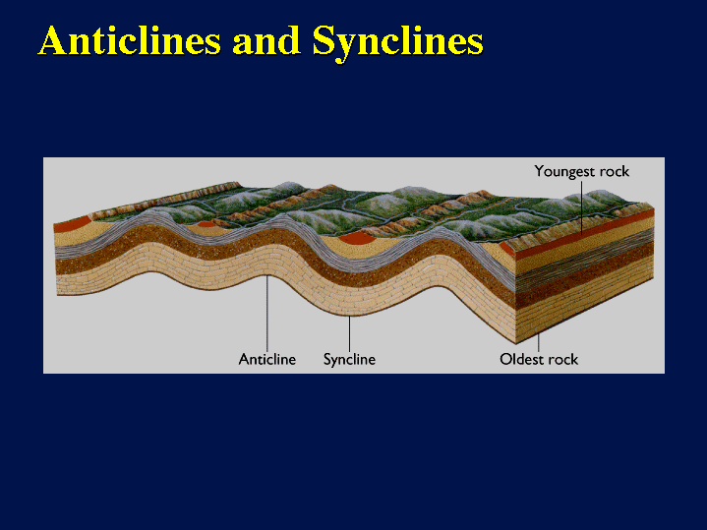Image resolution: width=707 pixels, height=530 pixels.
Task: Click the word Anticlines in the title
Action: click(130, 40)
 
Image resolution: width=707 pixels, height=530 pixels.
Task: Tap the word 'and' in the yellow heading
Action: click(266, 41)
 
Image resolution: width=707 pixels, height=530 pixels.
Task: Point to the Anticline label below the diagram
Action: click(267, 360)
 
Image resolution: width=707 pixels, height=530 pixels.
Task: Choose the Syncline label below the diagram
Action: click(349, 360)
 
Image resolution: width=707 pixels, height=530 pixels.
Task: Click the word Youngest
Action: click(561, 172)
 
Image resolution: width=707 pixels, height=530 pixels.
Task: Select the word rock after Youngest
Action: click(612, 171)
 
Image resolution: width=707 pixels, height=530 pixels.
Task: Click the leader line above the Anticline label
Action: click(267, 314)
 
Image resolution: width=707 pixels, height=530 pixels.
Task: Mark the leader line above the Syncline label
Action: click(349, 333)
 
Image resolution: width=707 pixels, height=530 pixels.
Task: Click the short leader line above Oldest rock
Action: click(539, 343)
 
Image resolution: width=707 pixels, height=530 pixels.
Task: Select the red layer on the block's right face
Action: click(585, 234)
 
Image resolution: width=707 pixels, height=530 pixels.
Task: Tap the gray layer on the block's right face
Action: click(585, 260)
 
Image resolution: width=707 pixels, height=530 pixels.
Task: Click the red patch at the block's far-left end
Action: click(71, 224)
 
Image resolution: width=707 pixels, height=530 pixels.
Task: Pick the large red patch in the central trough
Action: click(357, 239)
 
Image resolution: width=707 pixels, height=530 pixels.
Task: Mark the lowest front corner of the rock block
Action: click(515, 343)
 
